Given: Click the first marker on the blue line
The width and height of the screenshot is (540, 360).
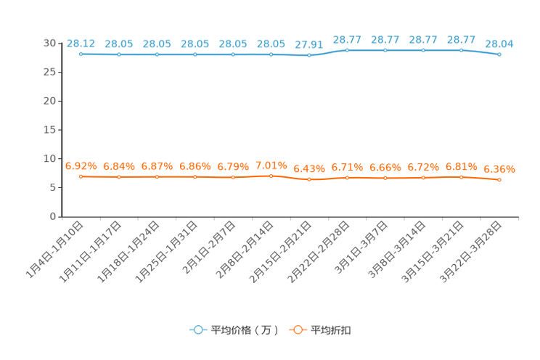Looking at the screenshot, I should click(81, 54).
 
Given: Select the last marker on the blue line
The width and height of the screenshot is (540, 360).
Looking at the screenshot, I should click(499, 54).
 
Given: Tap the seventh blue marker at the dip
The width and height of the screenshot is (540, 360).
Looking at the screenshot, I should click(309, 55).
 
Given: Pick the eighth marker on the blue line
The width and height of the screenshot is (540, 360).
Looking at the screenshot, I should click(347, 50).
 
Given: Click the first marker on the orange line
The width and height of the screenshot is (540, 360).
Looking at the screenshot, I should click(81, 176).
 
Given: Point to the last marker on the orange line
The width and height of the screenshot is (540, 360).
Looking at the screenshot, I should click(499, 179).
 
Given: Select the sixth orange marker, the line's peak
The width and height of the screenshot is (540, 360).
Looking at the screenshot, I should click(271, 175).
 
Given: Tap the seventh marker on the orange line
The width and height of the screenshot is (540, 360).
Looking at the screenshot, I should click(309, 179).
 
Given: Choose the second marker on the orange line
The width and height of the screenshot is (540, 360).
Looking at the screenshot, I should click(119, 176).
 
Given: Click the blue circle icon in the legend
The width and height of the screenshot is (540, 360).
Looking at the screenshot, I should click(197, 330).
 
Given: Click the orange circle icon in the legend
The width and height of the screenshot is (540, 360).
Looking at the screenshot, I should click(298, 330).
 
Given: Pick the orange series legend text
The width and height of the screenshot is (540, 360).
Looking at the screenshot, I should click(332, 330).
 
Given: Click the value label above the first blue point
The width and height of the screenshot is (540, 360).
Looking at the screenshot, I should click(81, 43).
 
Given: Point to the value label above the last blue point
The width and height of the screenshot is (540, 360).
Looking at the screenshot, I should click(499, 44).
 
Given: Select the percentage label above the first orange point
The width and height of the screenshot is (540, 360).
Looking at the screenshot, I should click(81, 165).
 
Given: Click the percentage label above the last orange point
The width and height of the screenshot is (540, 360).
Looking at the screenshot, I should click(499, 168).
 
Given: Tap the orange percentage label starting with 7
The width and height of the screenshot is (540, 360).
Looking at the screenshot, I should click(271, 164).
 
